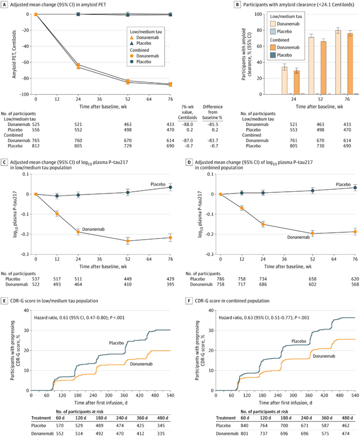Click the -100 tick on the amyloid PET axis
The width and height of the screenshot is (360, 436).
tap(24, 95)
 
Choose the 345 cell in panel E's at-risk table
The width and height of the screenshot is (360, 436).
tap(165, 421)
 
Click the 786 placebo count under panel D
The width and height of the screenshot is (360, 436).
tap(220, 278)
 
